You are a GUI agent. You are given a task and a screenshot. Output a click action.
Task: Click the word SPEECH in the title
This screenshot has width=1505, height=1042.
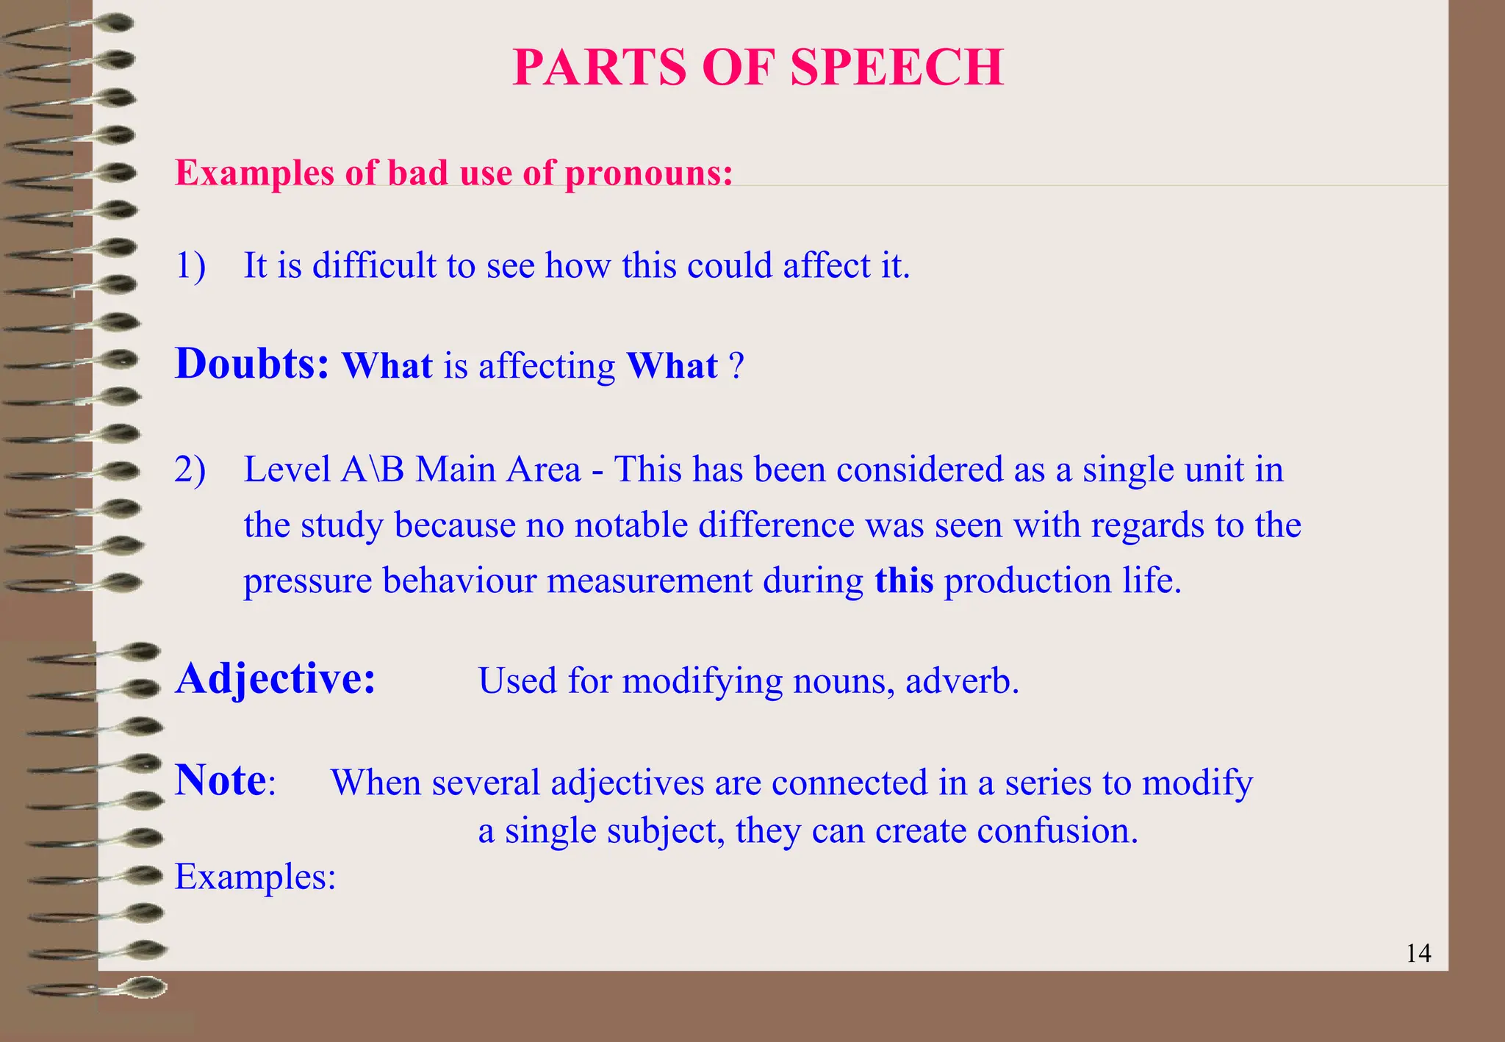pos(897,68)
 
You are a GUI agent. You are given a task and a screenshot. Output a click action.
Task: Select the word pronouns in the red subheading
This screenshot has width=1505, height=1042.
pos(649,173)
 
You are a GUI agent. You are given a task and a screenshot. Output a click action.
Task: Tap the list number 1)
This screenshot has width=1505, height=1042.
pos(190,265)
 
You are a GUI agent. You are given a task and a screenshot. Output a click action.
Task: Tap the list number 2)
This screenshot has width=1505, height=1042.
pos(190,470)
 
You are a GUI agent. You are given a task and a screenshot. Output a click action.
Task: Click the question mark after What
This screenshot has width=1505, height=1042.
pos(736,366)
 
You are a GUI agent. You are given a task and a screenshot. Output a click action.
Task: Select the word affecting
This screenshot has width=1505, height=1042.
pos(547,366)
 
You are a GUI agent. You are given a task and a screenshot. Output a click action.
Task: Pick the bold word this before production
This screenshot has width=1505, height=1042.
pos(904,581)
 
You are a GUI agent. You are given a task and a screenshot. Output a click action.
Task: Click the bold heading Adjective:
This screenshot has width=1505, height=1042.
pos(276,678)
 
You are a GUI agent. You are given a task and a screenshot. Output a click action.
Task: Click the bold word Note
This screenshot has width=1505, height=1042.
pos(220,780)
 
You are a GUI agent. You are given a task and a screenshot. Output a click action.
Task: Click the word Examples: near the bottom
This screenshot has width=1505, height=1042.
pos(255,877)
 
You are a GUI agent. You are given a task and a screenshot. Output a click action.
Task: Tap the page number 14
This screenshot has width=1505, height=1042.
pos(1418,954)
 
